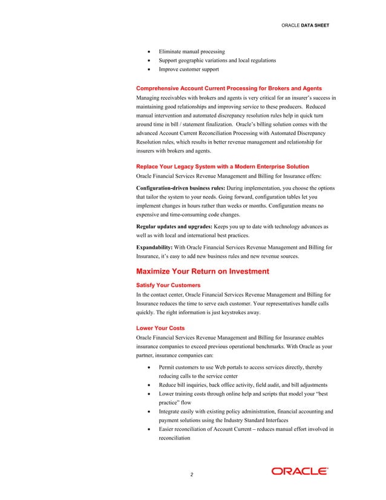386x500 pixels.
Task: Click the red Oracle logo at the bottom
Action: pyautogui.click(x=299, y=472)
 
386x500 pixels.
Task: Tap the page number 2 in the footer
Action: pyautogui.click(x=192, y=473)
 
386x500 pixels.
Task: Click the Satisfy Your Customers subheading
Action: pyautogui.click(x=169, y=285)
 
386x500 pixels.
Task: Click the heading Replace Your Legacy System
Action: pyautogui.click(x=223, y=166)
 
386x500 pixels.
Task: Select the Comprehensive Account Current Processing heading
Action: pyautogui.click(x=229, y=88)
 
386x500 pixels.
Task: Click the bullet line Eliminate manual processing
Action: pyautogui.click(x=191, y=51)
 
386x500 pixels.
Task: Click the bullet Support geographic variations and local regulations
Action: pyautogui.click(x=217, y=61)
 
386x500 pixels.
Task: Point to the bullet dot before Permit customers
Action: pyautogui.click(x=149, y=367)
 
